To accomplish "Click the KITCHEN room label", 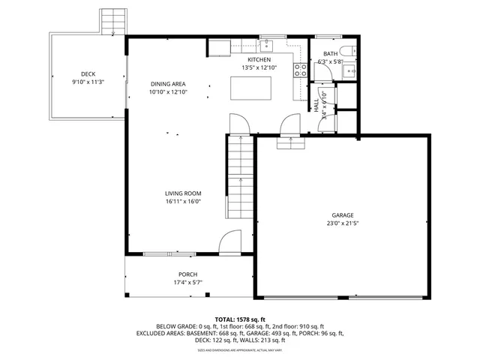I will click(x=259, y=59).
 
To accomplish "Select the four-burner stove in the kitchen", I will click(x=300, y=70).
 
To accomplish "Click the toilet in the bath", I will click(x=346, y=51).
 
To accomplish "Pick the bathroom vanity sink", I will click(x=349, y=71).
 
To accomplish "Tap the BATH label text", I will click(x=330, y=54).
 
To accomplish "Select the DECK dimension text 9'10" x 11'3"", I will click(x=88, y=82).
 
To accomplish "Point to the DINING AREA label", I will click(x=168, y=83).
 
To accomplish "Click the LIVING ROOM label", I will click(x=183, y=193).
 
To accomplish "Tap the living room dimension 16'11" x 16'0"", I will click(x=183, y=202).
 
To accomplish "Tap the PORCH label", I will click(x=188, y=274).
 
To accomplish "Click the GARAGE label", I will click(x=343, y=215).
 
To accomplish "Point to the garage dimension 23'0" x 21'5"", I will click(x=343, y=223).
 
